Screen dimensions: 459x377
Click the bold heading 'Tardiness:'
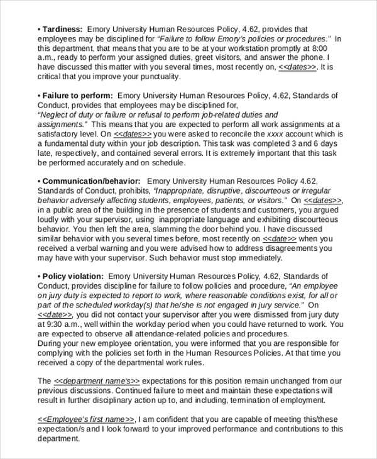pos(62,29)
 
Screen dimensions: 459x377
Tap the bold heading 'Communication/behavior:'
pos(89,181)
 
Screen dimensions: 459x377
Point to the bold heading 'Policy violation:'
pos(72,276)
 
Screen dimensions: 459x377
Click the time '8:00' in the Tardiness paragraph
pos(320,48)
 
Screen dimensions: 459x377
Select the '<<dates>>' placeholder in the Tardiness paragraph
pos(297,67)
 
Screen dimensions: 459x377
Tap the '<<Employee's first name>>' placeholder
pos(85,419)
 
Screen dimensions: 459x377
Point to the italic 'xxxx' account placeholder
pos(276,134)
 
